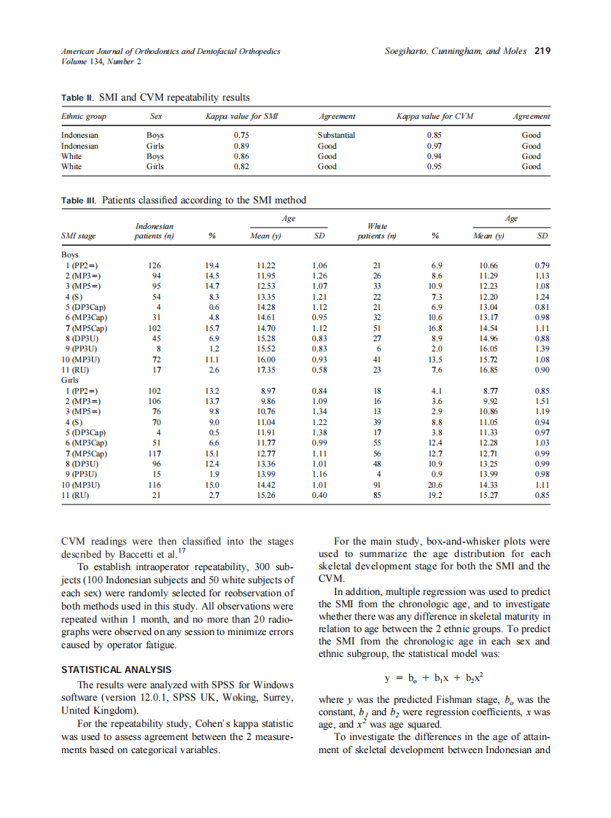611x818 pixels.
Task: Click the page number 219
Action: click(x=542, y=52)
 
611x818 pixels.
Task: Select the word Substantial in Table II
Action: click(x=336, y=135)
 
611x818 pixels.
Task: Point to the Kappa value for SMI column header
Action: click(x=241, y=116)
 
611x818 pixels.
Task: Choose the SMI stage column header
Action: click(x=78, y=236)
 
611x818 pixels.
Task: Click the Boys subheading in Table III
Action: click(x=70, y=255)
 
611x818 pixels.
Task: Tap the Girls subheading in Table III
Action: click(x=70, y=381)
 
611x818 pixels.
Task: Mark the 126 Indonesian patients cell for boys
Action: click(x=154, y=266)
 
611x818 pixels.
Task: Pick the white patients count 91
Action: click(x=377, y=485)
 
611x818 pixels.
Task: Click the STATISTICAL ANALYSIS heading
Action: click(x=116, y=669)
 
